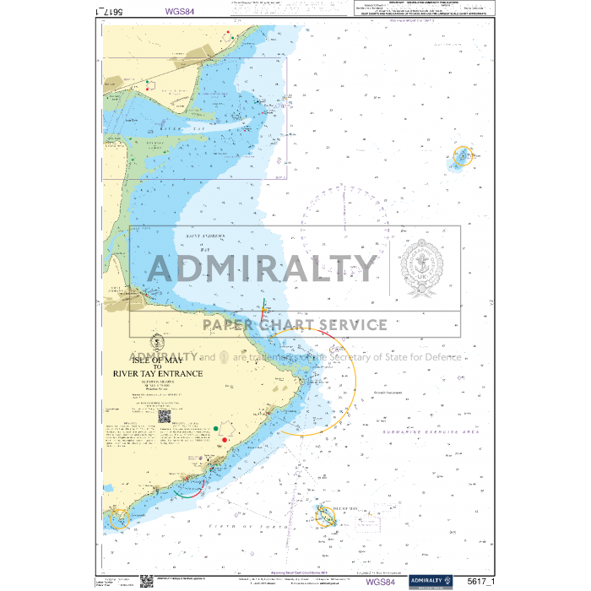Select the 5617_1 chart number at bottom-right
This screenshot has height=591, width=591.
click(x=480, y=582)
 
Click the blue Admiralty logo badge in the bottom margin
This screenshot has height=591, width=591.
click(x=431, y=582)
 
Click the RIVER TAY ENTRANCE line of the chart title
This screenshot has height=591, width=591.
click(x=157, y=372)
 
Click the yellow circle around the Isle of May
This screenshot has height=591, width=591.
click(x=327, y=516)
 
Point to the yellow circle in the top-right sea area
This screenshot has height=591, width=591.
click(x=463, y=156)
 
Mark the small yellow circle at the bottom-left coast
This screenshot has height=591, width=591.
click(x=117, y=517)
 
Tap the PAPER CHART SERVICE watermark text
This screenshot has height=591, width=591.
click(x=294, y=324)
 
